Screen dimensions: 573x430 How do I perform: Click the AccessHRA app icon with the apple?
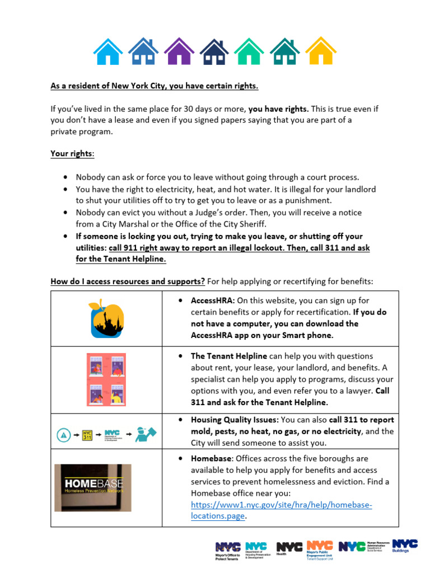[106, 317]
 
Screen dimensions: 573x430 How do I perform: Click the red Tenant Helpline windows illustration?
[106, 380]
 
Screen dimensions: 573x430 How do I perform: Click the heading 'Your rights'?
[72, 153]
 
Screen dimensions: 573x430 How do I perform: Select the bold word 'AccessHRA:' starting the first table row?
[213, 300]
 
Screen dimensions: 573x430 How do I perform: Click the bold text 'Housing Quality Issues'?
[234, 420]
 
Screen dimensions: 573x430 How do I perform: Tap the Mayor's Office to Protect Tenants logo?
[227, 550]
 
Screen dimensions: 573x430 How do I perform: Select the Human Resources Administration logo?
[364, 547]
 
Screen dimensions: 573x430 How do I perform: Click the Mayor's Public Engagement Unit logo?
[320, 549]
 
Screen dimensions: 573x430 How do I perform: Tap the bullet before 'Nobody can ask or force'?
[67, 177]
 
